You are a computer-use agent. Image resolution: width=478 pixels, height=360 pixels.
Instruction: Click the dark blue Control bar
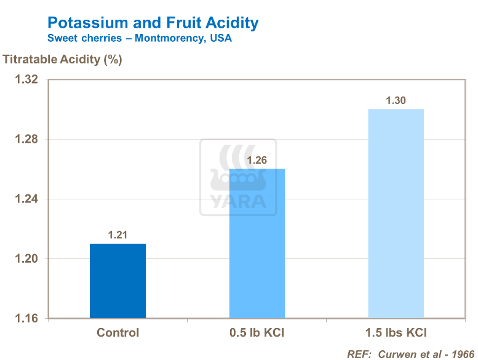point(118,281)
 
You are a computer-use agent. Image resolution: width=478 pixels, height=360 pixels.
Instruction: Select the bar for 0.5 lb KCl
point(257,244)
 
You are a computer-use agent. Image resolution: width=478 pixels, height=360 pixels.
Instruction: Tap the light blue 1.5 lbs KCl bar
point(396,214)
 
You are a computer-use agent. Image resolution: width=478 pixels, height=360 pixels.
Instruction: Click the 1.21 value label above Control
point(118,235)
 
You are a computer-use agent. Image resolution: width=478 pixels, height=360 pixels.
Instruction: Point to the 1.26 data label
point(257,161)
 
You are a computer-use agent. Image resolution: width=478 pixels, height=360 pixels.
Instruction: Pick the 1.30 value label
point(396,101)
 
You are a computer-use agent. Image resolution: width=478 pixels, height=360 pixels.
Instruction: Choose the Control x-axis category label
point(118,333)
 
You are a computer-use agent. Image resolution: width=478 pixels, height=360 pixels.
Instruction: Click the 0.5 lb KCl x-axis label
point(257,333)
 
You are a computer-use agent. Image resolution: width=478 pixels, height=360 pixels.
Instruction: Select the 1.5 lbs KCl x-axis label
point(396,333)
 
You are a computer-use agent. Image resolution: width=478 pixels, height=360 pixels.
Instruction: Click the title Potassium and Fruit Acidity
point(153,23)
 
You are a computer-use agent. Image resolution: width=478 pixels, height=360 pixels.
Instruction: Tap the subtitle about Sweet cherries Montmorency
point(139,38)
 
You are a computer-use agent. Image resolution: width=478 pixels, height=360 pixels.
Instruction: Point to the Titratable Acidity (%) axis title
point(63,60)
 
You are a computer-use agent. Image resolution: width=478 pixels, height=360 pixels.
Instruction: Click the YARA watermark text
point(238,202)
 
